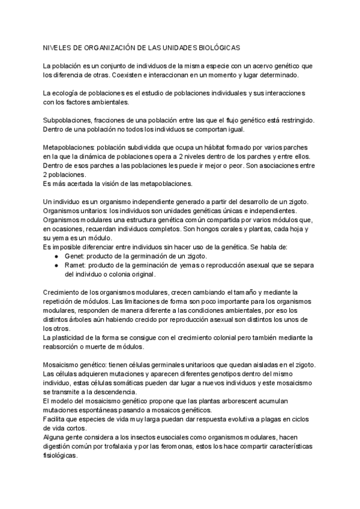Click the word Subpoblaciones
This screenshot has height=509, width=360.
(66, 120)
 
